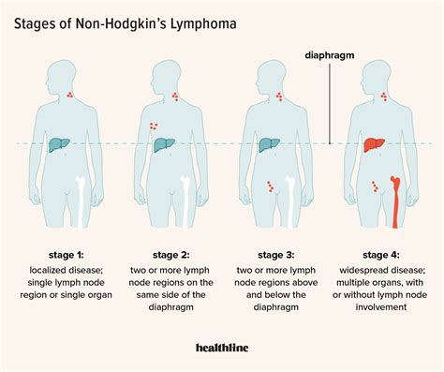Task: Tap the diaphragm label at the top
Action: pyautogui.click(x=331, y=54)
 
